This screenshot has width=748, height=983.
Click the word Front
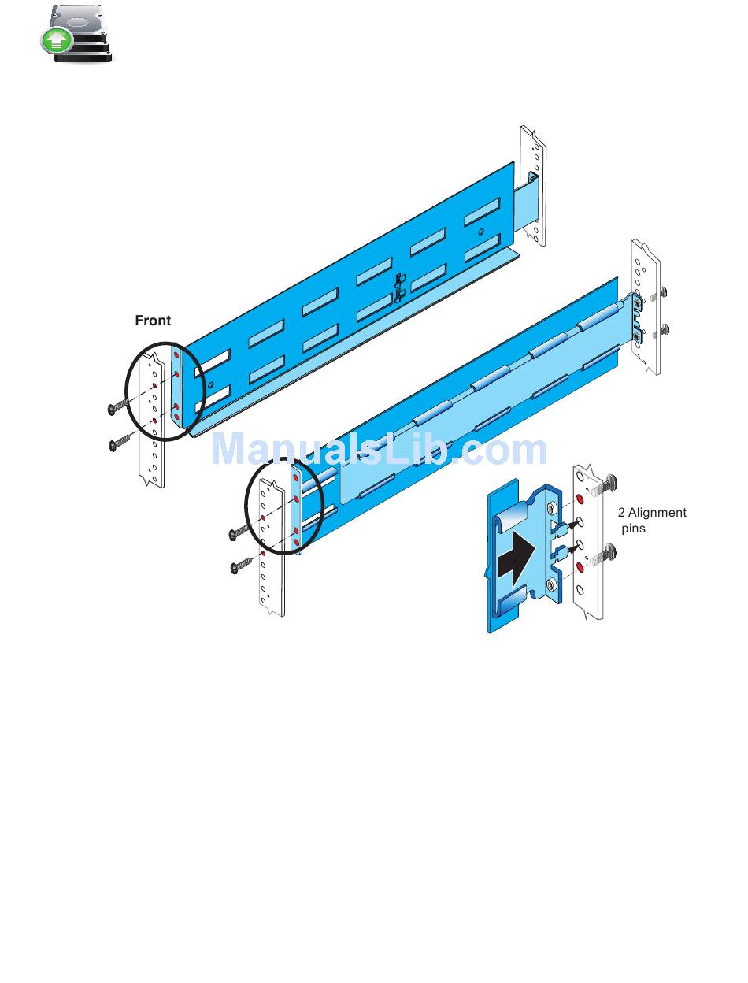153,321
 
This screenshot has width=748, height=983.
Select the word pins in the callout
633,529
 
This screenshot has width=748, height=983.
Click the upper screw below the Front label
119,406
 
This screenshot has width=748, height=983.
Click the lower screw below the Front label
120,443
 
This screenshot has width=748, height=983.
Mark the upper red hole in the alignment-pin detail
580,500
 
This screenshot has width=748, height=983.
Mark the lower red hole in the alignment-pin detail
580,566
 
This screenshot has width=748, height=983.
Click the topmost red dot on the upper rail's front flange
176,355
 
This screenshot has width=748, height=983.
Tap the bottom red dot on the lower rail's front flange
295,543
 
